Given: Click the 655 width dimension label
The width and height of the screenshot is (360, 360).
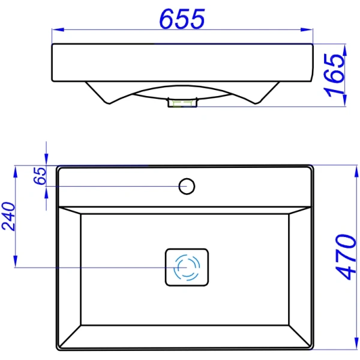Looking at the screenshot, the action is [x=182, y=19].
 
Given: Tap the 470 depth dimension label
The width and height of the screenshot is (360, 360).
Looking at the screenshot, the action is [x=346, y=257].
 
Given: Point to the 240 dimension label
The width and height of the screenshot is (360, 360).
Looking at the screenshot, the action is [x=8, y=216].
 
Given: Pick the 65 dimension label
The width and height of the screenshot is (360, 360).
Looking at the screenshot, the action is [x=40, y=176].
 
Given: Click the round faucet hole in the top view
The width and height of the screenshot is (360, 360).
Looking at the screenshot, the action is [x=187, y=186].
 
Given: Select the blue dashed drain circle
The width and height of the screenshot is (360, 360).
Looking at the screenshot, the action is [x=187, y=268].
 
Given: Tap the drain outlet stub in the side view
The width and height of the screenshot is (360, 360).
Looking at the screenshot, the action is [x=182, y=103].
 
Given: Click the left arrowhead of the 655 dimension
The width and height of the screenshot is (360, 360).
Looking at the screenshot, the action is [x=58, y=29].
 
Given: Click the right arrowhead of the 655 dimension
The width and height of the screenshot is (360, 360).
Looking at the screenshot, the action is [x=307, y=29].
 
